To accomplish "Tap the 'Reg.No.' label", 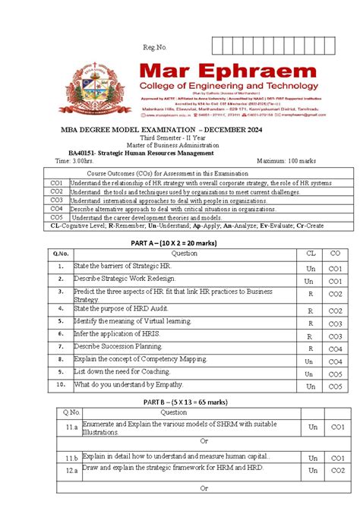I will pyautogui.click(x=154, y=48).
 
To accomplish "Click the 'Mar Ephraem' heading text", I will pyautogui.click(x=232, y=74).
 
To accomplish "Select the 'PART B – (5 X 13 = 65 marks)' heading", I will pyautogui.click(x=178, y=402).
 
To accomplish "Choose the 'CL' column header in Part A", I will pyautogui.click(x=311, y=254).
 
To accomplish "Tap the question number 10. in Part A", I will pyautogui.click(x=59, y=385).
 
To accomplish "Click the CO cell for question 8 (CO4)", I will pyautogui.click(x=335, y=361).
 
